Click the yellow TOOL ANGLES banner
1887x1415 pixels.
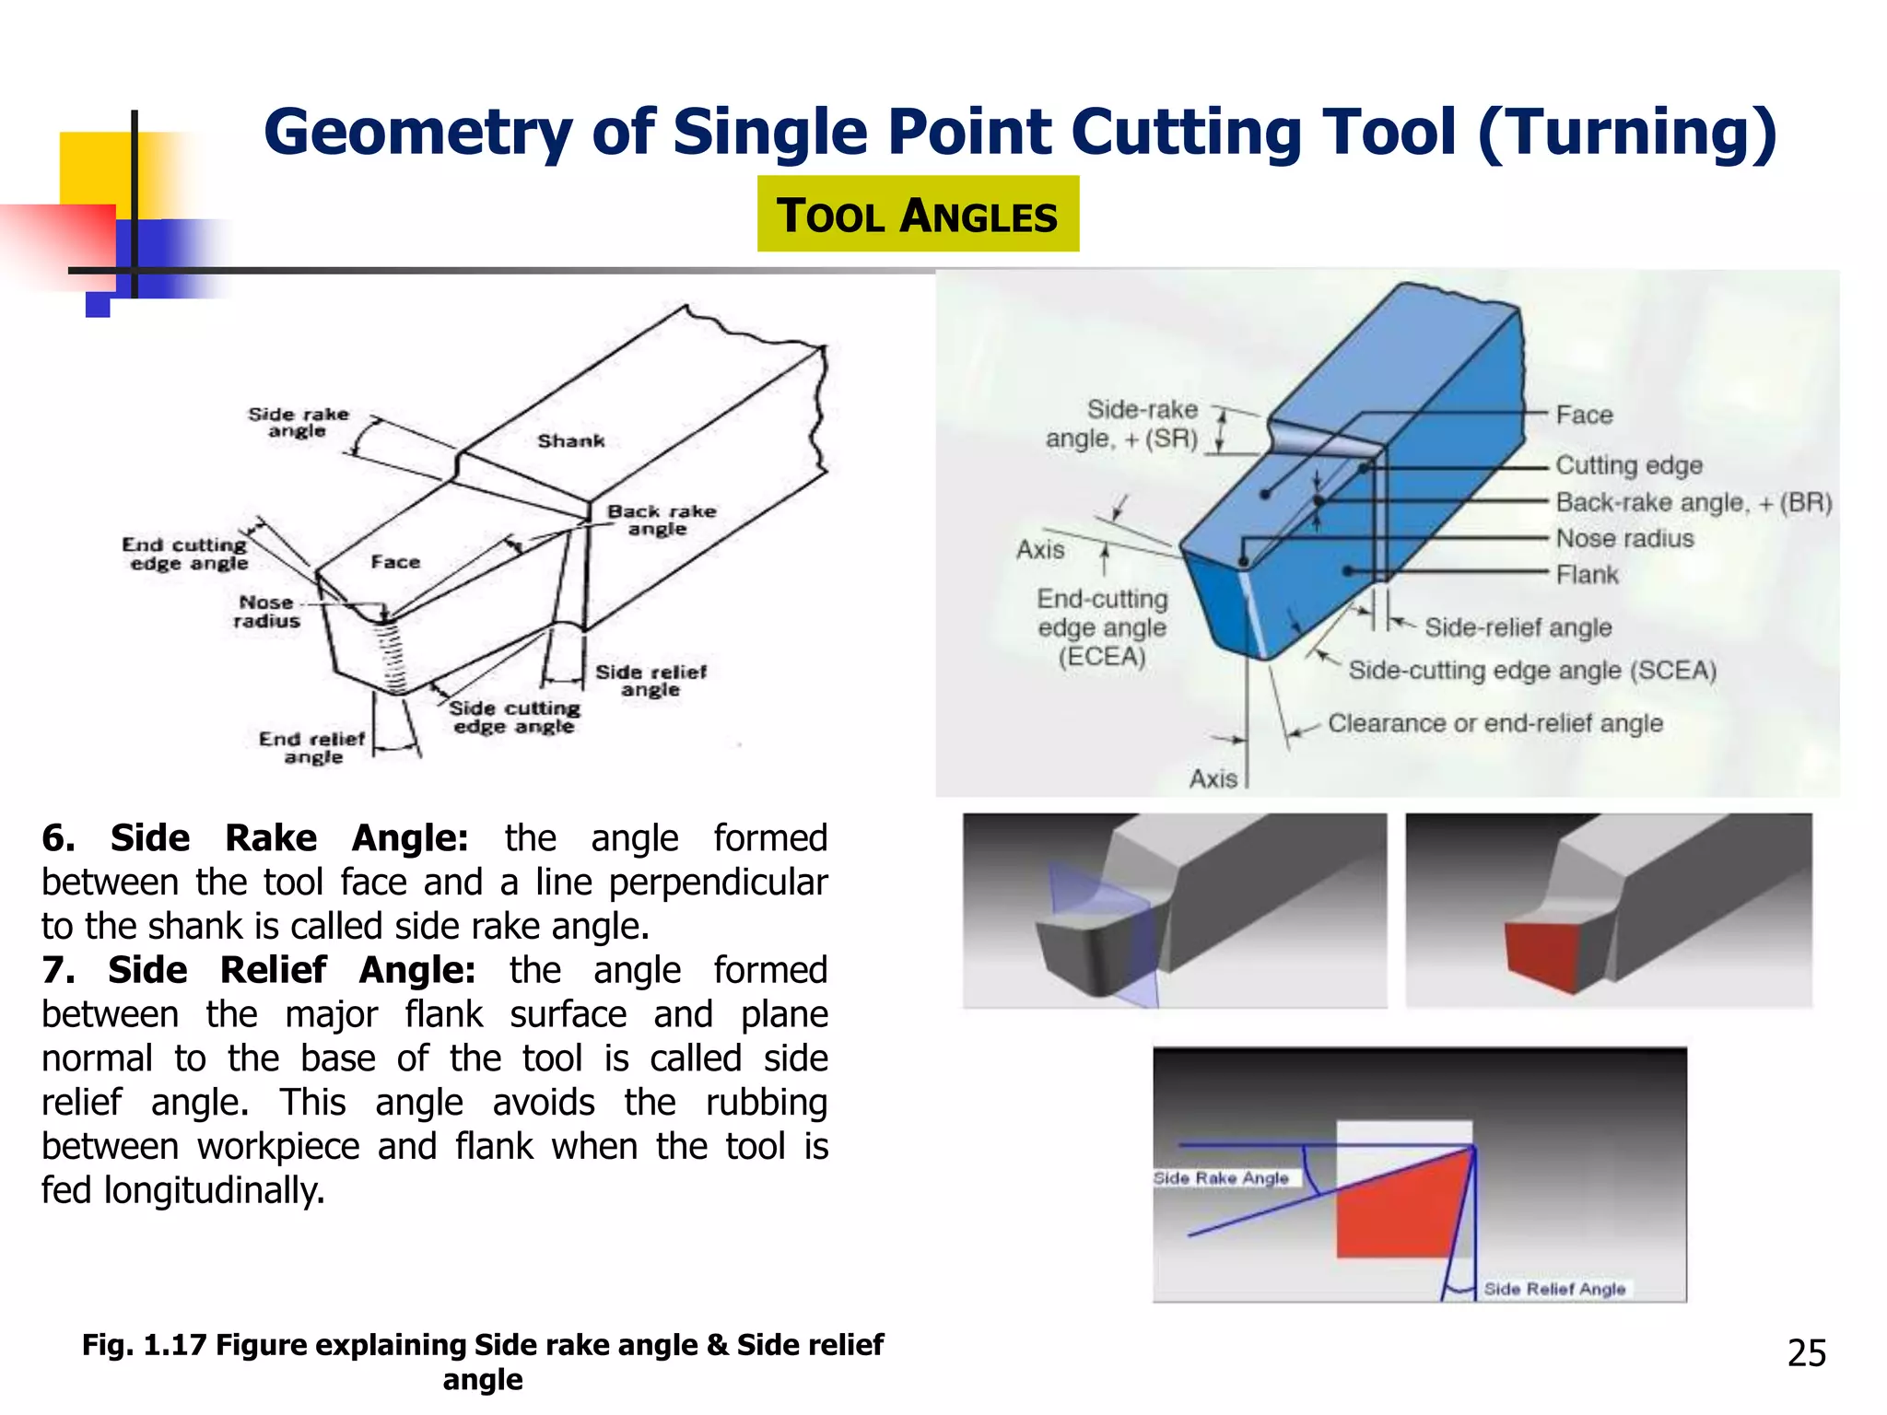(x=918, y=215)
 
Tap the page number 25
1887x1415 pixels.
(x=1806, y=1352)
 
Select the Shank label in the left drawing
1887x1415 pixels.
(x=571, y=441)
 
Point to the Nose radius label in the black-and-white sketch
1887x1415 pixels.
(x=266, y=612)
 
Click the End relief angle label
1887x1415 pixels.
(x=312, y=747)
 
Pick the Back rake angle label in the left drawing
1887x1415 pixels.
(x=661, y=520)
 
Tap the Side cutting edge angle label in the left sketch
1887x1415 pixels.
(x=514, y=717)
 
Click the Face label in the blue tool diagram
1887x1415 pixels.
(x=1584, y=415)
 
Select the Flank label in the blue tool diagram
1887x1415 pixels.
(x=1587, y=575)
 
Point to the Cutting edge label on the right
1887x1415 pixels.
(x=1628, y=465)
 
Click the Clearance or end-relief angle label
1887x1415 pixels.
(x=1494, y=723)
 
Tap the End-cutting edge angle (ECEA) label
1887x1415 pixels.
(x=1102, y=627)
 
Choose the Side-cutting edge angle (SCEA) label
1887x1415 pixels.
(x=1532, y=670)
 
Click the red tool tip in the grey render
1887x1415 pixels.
(x=1541, y=955)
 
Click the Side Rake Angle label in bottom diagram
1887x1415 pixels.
(x=1221, y=1178)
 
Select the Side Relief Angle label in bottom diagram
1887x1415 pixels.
(x=1554, y=1289)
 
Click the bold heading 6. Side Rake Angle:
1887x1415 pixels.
(x=255, y=838)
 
